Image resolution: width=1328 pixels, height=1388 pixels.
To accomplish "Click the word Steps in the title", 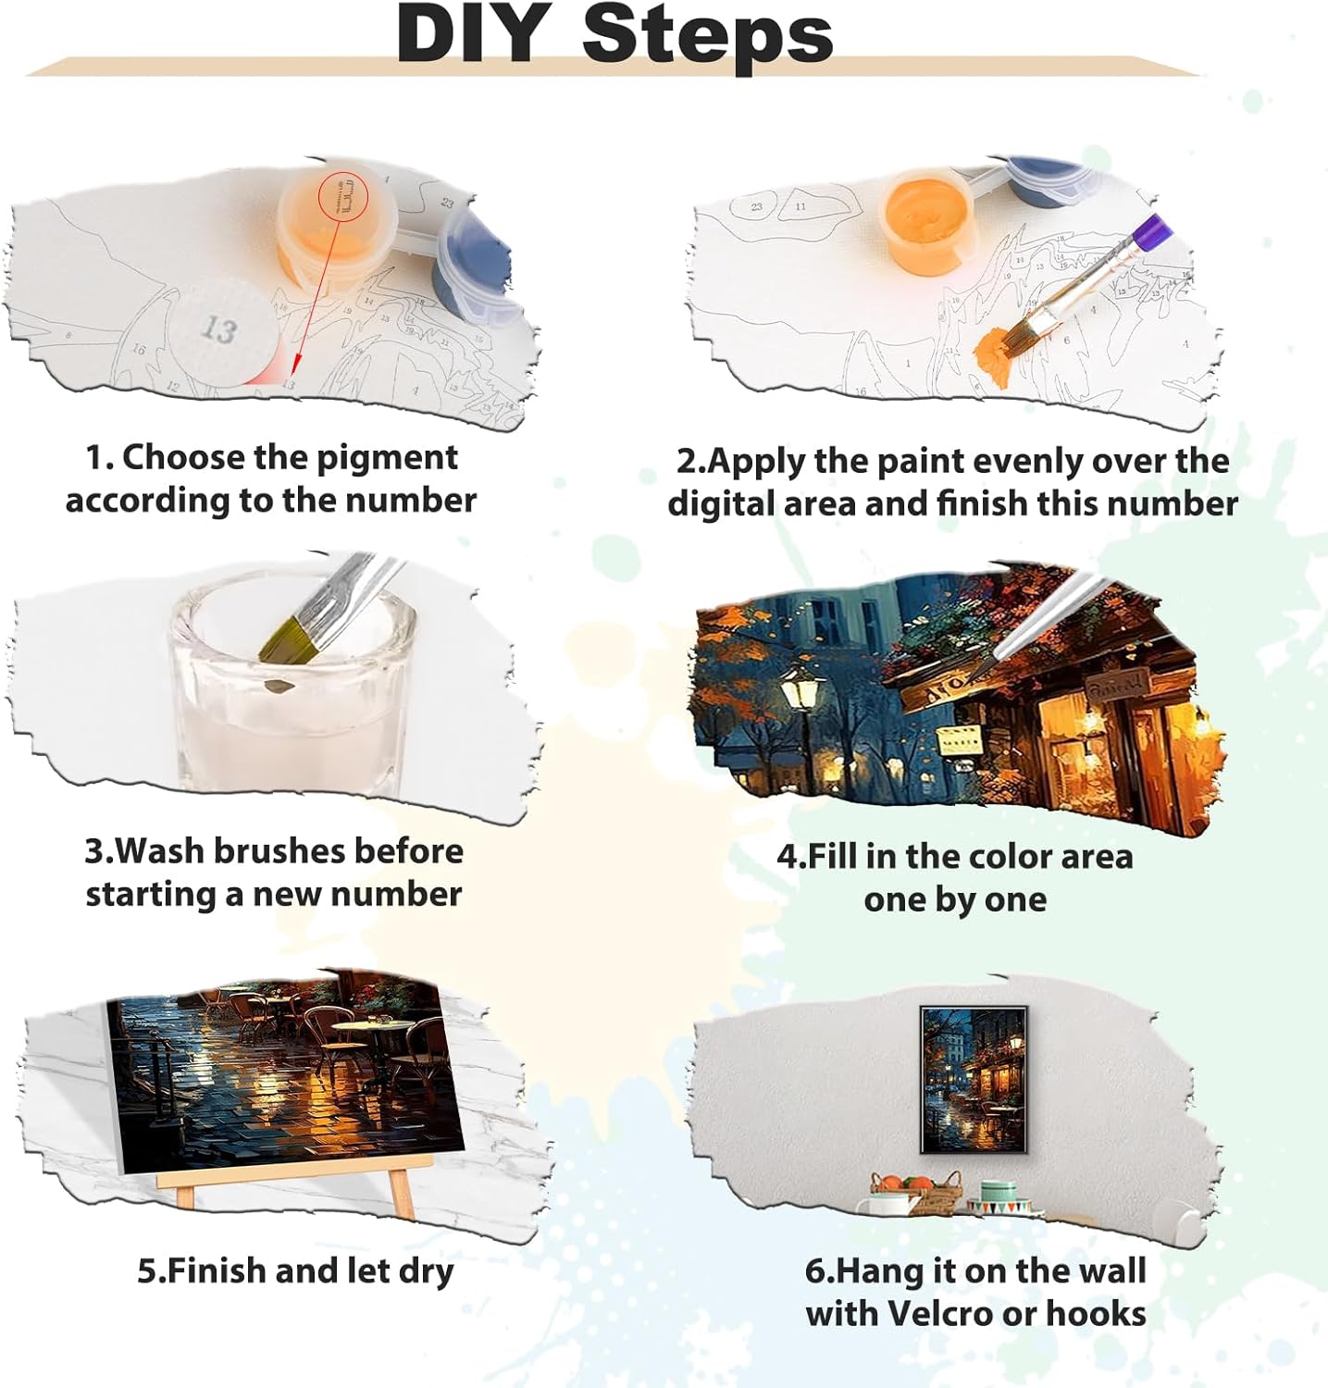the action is pyautogui.click(x=708, y=35).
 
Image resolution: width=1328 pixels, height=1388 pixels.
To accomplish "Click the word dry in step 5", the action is pyautogui.click(x=426, y=1271).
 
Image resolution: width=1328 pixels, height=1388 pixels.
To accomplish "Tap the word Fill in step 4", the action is pyautogui.click(x=833, y=856).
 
